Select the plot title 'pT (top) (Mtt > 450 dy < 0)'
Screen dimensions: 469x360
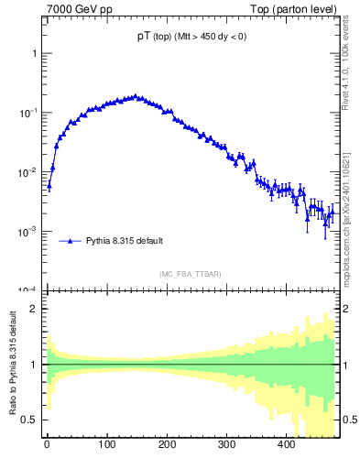(x=186, y=37)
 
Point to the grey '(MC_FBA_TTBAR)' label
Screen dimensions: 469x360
(x=190, y=274)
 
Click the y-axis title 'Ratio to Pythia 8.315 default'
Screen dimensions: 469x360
(x=14, y=365)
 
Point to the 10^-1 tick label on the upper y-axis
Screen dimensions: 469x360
(x=28, y=113)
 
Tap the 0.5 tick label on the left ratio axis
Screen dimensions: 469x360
(x=28, y=420)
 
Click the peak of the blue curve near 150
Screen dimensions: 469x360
(x=136, y=95)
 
